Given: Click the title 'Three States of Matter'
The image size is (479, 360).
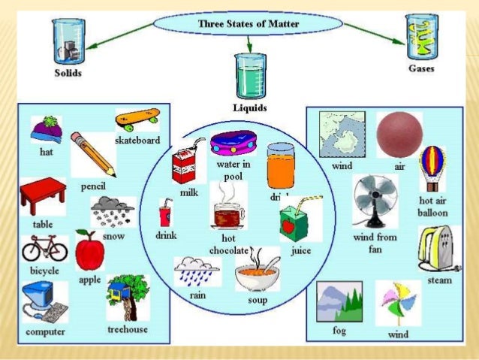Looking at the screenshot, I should [x=249, y=25].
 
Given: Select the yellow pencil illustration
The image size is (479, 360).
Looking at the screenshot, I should [x=92, y=153].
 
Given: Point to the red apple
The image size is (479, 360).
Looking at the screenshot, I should [x=89, y=251].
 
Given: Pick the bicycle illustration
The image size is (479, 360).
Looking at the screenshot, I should [x=44, y=249].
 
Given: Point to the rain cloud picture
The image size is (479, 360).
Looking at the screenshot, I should [x=197, y=271].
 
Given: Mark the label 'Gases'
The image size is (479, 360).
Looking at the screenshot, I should [x=421, y=68].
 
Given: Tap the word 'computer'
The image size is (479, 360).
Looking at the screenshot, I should [x=45, y=331].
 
